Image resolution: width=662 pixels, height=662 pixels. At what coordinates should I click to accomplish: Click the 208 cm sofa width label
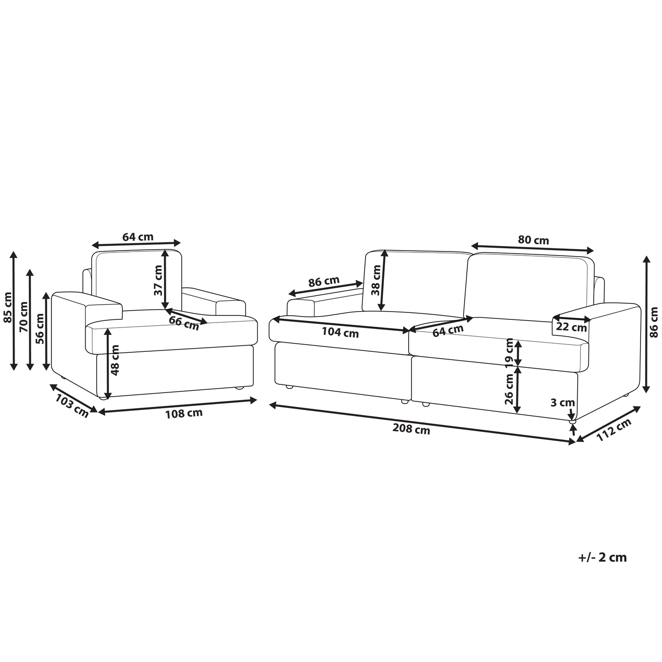coord(411,429)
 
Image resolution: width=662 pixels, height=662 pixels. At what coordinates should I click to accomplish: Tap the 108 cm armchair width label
coord(184,413)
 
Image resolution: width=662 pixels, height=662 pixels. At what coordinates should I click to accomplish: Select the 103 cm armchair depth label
coord(72,406)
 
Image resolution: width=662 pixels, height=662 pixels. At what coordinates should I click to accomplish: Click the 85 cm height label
coord(7,307)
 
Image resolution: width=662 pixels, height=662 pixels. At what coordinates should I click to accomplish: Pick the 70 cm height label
coord(24,317)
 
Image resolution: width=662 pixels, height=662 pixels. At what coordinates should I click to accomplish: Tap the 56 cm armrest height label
coord(40,329)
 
